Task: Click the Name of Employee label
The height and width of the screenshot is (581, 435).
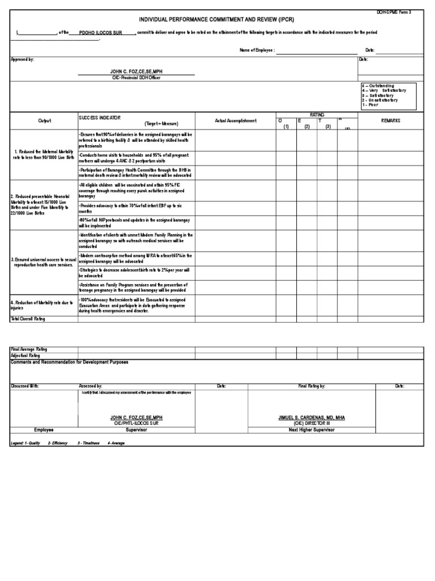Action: click(x=257, y=50)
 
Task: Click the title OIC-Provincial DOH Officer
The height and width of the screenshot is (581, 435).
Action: click(x=136, y=78)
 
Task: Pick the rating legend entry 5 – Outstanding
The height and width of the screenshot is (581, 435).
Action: click(x=379, y=86)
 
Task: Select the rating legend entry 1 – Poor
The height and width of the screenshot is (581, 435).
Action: click(x=370, y=105)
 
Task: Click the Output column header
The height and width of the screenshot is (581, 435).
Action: click(x=44, y=121)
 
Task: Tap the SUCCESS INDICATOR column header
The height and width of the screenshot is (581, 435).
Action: click(x=100, y=117)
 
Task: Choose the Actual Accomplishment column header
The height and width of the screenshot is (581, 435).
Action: click(x=236, y=121)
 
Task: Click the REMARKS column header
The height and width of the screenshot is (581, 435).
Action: click(x=390, y=121)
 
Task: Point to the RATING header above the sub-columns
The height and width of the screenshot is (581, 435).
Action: click(x=317, y=115)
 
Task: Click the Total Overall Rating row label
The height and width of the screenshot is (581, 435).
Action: click(x=28, y=319)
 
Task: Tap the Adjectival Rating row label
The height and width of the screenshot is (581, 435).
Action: click(x=26, y=356)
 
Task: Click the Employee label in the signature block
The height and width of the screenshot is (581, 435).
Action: click(x=44, y=430)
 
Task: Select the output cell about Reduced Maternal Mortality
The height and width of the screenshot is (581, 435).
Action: click(x=44, y=154)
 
